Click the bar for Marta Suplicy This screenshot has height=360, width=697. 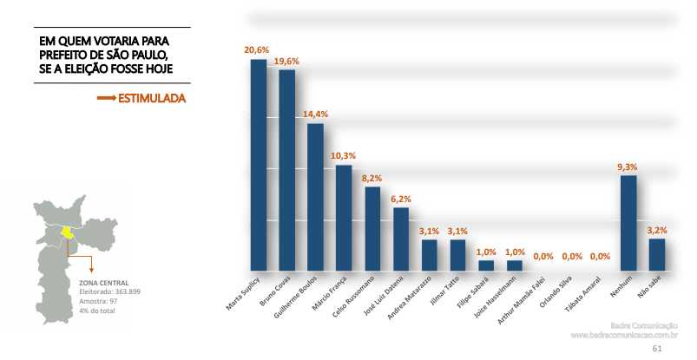tap(258, 165)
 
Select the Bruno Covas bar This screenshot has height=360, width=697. tap(287, 170)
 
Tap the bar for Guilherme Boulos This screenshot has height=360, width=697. tap(315, 197)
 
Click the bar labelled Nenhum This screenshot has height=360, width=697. tap(628, 223)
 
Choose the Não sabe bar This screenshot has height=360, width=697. tap(657, 254)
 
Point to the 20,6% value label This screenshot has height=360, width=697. tap(256, 51)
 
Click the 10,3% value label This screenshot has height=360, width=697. tap(343, 156)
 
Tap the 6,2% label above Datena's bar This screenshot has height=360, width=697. tap(400, 199)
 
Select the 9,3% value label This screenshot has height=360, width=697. tap(628, 167)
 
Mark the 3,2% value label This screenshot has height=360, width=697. tap(657, 230)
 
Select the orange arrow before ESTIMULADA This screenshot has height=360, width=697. tap(106, 99)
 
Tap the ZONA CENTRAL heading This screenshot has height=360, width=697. tap(104, 283)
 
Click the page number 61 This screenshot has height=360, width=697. tap(657, 349)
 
